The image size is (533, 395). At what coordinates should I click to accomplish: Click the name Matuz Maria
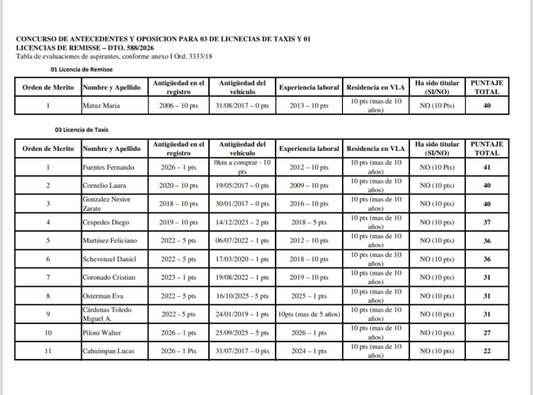pos(101,106)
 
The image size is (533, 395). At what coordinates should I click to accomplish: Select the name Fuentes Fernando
pos(108,168)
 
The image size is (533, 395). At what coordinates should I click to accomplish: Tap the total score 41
pos(487,168)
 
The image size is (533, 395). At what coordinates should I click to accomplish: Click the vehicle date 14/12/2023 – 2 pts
pos(242,222)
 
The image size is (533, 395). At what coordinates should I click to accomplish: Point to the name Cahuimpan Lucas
pos(109,351)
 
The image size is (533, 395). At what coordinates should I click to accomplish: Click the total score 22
pos(487,351)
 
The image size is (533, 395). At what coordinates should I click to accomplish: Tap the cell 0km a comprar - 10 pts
pos(242,167)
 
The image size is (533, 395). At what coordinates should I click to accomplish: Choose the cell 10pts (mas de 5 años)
pos(309,314)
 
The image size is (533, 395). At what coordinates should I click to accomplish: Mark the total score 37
pos(487,222)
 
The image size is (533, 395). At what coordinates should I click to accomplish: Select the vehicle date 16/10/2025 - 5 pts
pos(242,296)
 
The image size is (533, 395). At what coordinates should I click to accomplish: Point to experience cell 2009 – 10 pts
pos(309,186)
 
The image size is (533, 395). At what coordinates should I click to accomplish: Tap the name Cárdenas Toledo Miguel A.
pos(107,314)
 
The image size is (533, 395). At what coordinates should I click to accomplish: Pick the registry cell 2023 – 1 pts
pos(179,277)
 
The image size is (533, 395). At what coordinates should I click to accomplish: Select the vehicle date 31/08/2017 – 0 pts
pos(242,106)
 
